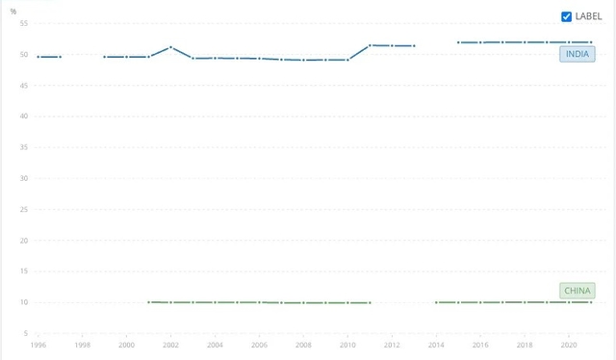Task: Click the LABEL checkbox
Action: pyautogui.click(x=567, y=16)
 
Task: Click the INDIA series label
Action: pyautogui.click(x=577, y=54)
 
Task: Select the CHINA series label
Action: pyautogui.click(x=577, y=291)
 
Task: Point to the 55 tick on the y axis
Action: pyautogui.click(x=23, y=23)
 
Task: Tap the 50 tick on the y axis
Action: pyautogui.click(x=23, y=54)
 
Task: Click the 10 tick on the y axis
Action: pyautogui.click(x=23, y=302)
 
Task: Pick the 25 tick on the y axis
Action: pyautogui.click(x=23, y=209)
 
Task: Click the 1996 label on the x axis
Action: pyautogui.click(x=38, y=345)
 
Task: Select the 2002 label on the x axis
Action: pyautogui.click(x=170, y=345)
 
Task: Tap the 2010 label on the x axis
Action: pyautogui.click(x=347, y=345)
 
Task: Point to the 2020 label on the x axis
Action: pyautogui.click(x=568, y=345)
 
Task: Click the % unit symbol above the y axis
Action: pyautogui.click(x=13, y=11)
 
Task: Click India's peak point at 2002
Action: pyautogui.click(x=170, y=47)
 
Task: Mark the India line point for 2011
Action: pyautogui.click(x=370, y=45)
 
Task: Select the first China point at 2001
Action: pyautogui.click(x=149, y=302)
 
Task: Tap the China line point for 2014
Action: pyautogui.click(x=436, y=302)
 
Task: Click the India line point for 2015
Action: pyautogui.click(x=458, y=42)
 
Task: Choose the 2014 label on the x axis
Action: pyautogui.click(x=436, y=345)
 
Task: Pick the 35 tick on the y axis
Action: pyautogui.click(x=23, y=147)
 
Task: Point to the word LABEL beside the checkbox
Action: pyautogui.click(x=588, y=16)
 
